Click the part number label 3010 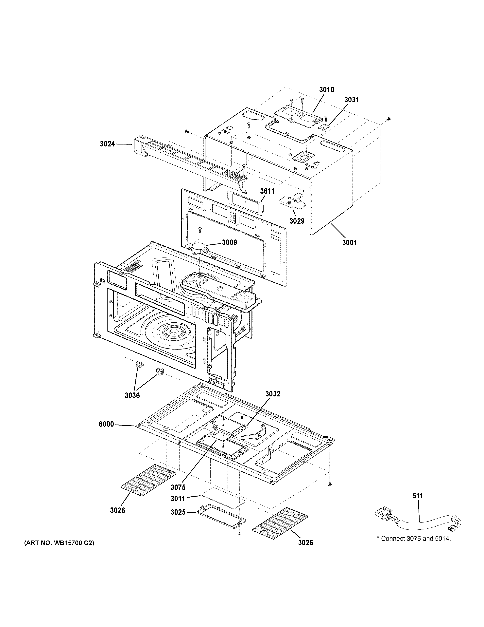pos(327,90)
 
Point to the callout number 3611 pos(267,191)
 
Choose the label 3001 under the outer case pos(350,243)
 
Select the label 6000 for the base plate pos(106,424)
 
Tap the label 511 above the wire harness pos(418,496)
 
